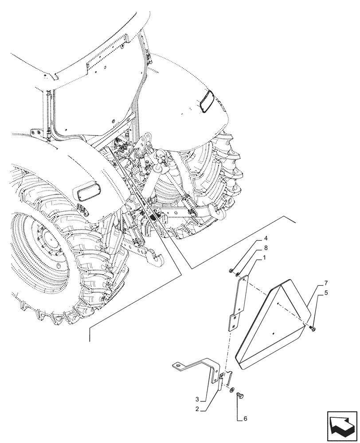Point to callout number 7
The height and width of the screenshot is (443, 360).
point(326,283)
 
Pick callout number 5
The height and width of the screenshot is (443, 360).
point(327,292)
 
